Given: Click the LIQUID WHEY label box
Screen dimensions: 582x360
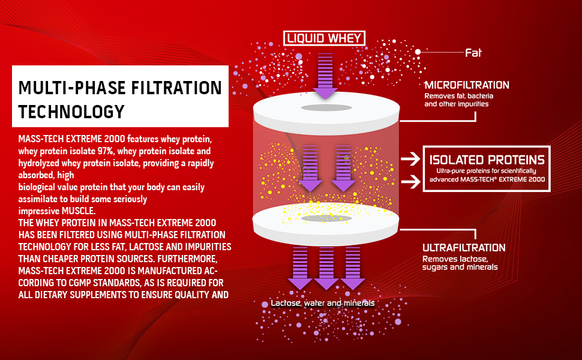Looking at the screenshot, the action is click(x=325, y=39).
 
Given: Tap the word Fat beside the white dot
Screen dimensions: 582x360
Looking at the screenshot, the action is click(x=473, y=53).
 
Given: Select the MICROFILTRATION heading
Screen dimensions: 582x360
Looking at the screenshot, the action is click(x=466, y=85).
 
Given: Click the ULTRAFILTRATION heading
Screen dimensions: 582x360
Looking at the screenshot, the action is click(x=464, y=248).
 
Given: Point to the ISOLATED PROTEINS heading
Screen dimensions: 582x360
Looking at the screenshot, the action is click(x=487, y=160).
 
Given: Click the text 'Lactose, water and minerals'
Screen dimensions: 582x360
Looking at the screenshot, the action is click(x=322, y=304).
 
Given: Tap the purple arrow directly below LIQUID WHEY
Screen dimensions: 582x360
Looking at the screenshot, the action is click(x=325, y=75).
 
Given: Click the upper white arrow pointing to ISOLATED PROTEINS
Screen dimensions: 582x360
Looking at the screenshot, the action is click(x=410, y=159).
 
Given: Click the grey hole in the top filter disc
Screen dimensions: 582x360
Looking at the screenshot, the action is click(x=326, y=107).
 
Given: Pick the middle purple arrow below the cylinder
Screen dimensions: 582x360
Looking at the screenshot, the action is click(x=326, y=268).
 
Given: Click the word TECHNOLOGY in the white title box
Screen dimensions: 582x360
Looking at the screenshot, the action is click(x=71, y=112).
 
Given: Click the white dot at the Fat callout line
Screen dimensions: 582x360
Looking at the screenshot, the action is click(x=418, y=52).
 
